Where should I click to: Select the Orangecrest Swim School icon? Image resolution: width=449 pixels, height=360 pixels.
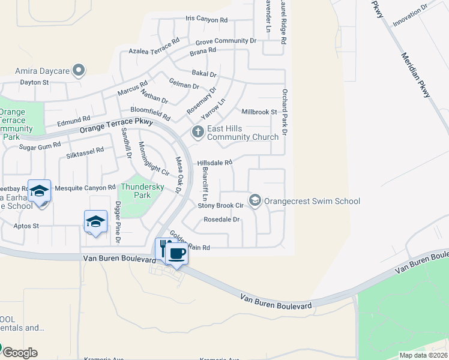255,200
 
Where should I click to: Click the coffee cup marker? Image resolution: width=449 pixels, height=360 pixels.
176,254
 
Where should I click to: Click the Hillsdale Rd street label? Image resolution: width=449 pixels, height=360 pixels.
214,163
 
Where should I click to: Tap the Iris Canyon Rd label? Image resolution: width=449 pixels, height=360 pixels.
206,20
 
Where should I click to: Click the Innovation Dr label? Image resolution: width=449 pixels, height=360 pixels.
409,15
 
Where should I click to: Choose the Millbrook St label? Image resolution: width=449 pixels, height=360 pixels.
259,112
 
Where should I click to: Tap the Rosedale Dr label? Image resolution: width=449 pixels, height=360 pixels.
221,220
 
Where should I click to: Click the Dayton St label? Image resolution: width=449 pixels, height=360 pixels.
34,82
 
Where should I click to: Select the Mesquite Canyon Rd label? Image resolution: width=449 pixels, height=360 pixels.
85,188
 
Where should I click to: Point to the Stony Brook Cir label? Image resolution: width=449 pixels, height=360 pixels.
220,205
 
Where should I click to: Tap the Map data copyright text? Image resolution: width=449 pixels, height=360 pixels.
423,355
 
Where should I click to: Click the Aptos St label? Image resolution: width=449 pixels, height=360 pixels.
27,226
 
